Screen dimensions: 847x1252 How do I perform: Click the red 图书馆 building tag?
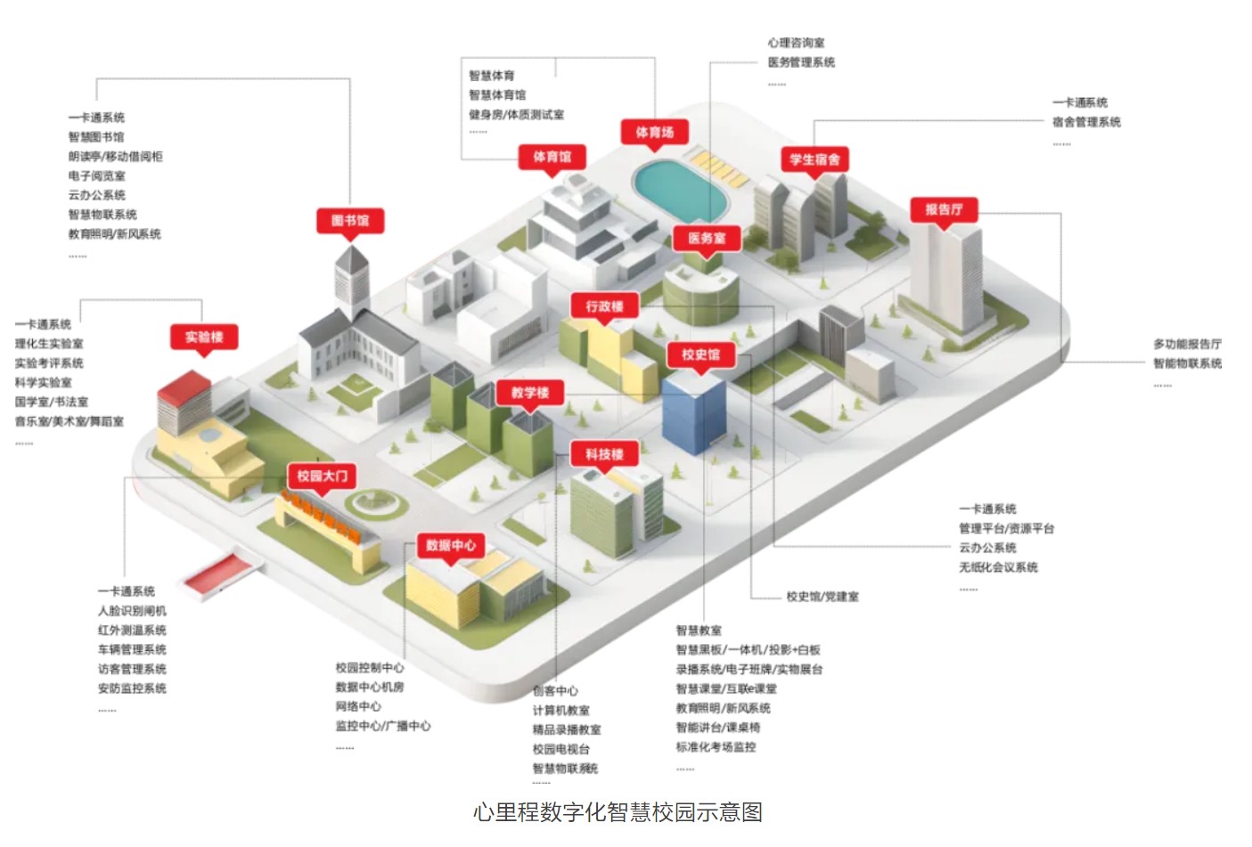pos(350,220)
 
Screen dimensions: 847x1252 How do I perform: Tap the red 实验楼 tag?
pos(204,337)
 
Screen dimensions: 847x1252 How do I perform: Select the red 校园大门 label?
pos(323,476)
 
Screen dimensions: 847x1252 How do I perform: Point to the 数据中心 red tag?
pos(451,545)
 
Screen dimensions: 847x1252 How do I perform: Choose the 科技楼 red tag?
pos(604,454)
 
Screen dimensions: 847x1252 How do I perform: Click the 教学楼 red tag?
pos(530,393)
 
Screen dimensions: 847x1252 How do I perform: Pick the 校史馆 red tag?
pos(701,354)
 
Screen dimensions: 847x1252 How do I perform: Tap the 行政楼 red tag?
pos(604,306)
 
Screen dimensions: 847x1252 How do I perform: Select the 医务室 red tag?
pos(707,238)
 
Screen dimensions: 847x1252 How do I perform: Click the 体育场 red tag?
pos(655,133)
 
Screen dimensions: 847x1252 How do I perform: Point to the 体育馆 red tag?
pos(552,157)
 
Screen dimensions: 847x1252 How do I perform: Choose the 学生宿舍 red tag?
pos(814,159)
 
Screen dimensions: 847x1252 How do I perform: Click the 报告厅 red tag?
pos(944,209)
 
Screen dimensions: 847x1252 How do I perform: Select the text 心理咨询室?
pos(796,43)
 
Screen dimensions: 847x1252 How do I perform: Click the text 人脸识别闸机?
pos(132,611)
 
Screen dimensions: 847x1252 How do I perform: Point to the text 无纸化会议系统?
pos(998,567)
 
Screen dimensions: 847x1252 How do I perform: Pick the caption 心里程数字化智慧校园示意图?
pos(618,812)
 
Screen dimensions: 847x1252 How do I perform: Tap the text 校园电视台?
pos(561,749)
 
